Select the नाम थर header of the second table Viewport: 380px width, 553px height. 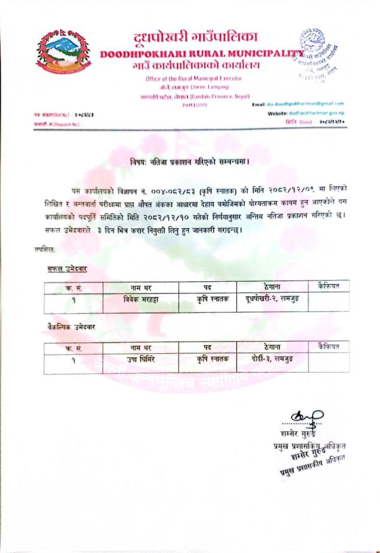pyautogui.click(x=141, y=347)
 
